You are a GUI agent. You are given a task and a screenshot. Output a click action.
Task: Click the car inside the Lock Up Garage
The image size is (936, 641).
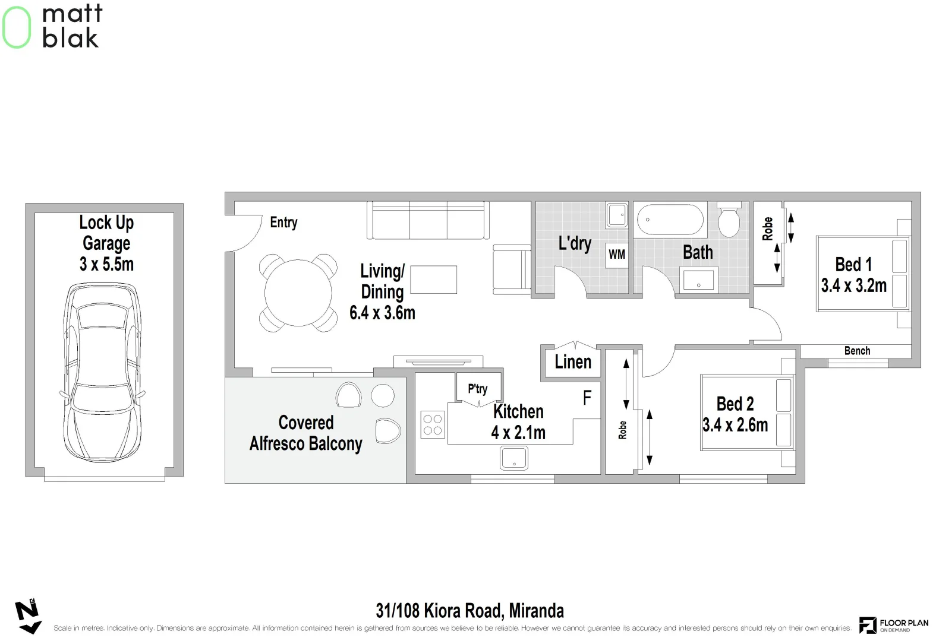click(103, 373)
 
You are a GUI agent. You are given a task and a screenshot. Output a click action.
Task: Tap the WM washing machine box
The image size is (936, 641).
click(617, 255)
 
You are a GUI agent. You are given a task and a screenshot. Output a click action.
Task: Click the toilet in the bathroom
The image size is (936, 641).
click(729, 220)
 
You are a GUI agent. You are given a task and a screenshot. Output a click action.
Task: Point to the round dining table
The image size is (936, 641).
click(298, 293)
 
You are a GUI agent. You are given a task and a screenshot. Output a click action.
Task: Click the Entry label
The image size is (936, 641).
click(283, 223)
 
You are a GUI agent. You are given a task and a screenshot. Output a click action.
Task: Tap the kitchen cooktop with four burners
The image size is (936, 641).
click(433, 424)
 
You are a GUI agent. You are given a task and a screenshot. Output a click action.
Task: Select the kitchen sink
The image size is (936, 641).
click(513, 458)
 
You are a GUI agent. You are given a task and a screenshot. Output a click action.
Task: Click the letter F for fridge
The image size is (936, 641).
click(587, 398)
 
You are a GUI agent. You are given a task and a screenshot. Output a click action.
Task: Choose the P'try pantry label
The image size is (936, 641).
click(477, 389)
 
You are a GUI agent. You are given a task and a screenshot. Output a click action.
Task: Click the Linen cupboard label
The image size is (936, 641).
click(572, 362)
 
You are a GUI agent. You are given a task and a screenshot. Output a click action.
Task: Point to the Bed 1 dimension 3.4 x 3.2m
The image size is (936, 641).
click(853, 285)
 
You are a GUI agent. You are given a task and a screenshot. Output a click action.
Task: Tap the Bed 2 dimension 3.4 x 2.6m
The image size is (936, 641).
click(735, 425)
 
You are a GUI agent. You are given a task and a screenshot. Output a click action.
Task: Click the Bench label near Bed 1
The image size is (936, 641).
click(857, 351)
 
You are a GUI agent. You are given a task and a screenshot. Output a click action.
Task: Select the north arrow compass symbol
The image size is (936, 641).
click(28, 617)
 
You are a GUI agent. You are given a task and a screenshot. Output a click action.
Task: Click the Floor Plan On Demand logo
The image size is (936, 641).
click(894, 625)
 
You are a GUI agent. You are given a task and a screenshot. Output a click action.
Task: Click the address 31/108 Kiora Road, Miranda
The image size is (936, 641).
click(469, 610)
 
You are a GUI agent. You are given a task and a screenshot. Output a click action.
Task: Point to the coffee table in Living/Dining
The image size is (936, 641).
click(433, 280)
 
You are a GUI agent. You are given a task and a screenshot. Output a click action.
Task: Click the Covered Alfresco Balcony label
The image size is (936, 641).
click(305, 433)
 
